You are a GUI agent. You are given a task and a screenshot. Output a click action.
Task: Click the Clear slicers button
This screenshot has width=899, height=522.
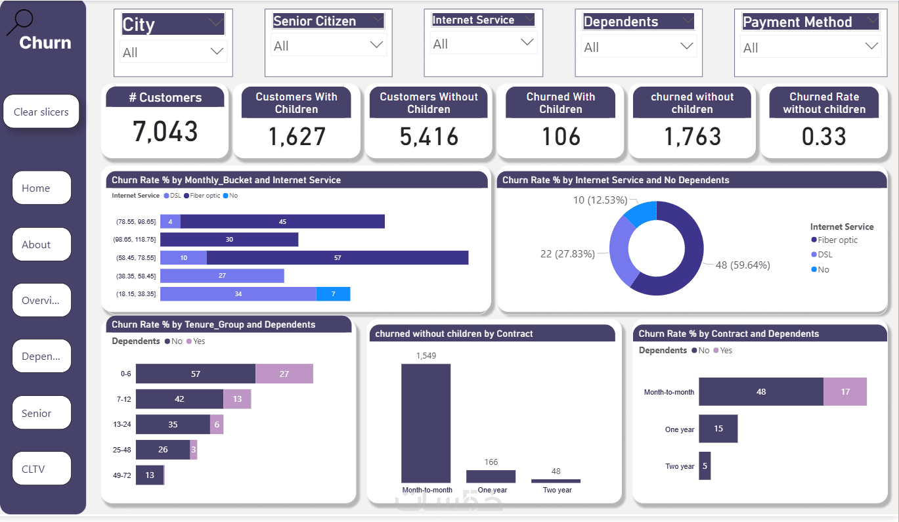coord(41,112)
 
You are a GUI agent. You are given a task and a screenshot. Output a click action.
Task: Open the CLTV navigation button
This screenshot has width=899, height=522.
coord(41,469)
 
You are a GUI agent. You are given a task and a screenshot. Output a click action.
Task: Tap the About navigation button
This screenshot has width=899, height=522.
coord(41,244)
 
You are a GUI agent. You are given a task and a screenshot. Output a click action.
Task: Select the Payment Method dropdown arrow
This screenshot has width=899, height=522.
coord(872,47)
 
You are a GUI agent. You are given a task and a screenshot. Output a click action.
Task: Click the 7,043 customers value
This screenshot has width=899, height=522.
coord(165,132)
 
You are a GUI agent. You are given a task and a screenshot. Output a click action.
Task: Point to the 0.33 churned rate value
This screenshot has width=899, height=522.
coord(824,137)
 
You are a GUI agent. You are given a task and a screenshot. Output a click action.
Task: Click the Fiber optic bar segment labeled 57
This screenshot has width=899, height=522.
coord(338,257)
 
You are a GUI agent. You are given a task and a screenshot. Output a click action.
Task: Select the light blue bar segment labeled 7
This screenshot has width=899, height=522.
coord(333,294)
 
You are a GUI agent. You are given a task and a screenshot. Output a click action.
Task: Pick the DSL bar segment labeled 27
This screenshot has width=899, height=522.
coord(222,276)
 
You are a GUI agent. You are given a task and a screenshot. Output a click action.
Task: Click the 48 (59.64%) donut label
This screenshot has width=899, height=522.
coord(743,265)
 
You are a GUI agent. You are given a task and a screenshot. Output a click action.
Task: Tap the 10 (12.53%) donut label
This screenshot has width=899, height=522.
coord(600,200)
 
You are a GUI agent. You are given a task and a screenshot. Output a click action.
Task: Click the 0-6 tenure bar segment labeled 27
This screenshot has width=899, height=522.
coord(284,374)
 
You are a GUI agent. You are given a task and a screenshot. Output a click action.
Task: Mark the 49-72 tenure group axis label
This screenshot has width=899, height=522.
coord(122,475)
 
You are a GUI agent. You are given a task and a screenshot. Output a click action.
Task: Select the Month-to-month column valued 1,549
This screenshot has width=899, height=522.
coord(426,424)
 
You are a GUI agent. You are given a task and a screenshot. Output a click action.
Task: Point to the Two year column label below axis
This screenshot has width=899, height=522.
coord(557,490)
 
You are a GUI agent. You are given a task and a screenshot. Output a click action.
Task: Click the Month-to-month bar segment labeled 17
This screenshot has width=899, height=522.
coord(845,391)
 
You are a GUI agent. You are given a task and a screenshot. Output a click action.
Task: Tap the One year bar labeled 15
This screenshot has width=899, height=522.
coord(718,429)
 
